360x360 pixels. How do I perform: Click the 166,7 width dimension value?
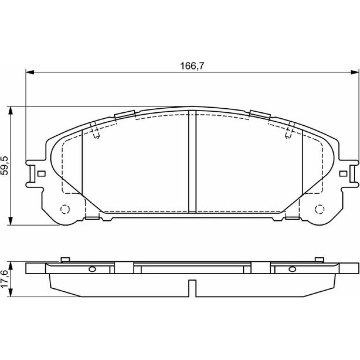click(x=192, y=66)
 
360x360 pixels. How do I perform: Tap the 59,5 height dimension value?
click(x=5, y=166)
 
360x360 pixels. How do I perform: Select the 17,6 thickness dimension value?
click(x=5, y=279)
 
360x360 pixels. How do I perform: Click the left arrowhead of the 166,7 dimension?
click(x=30, y=72)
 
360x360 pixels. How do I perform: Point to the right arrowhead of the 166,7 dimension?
click(x=355, y=72)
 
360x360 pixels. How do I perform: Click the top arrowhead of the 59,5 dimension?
click(x=10, y=111)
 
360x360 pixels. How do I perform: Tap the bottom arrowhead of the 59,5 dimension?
click(x=10, y=221)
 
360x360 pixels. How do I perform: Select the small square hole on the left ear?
click(x=41, y=174)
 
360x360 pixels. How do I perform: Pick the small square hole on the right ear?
click(x=343, y=174)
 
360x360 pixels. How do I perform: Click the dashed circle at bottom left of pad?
click(x=65, y=209)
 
